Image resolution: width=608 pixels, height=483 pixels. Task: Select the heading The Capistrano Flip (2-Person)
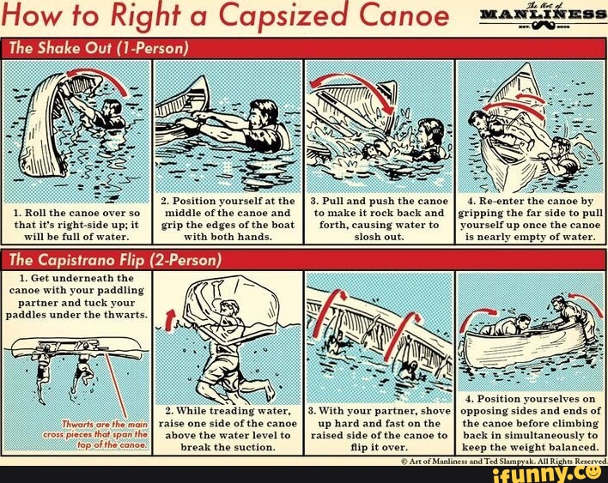115,259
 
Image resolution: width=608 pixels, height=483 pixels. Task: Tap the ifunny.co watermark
558,471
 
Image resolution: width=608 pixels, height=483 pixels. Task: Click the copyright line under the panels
502,461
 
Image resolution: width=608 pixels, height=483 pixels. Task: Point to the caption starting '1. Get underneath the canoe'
77,296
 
